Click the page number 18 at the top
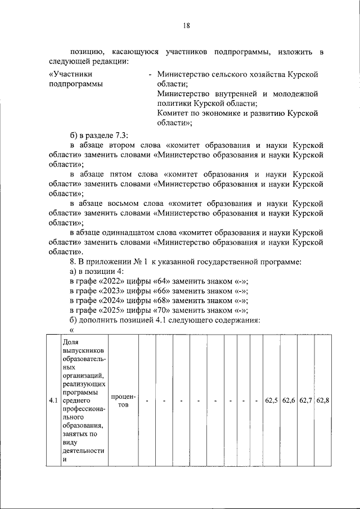[x=187, y=25]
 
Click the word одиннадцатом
[x=147, y=232]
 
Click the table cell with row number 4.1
[x=52, y=400]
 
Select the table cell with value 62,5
[x=271, y=400]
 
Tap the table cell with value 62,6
[x=289, y=400]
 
